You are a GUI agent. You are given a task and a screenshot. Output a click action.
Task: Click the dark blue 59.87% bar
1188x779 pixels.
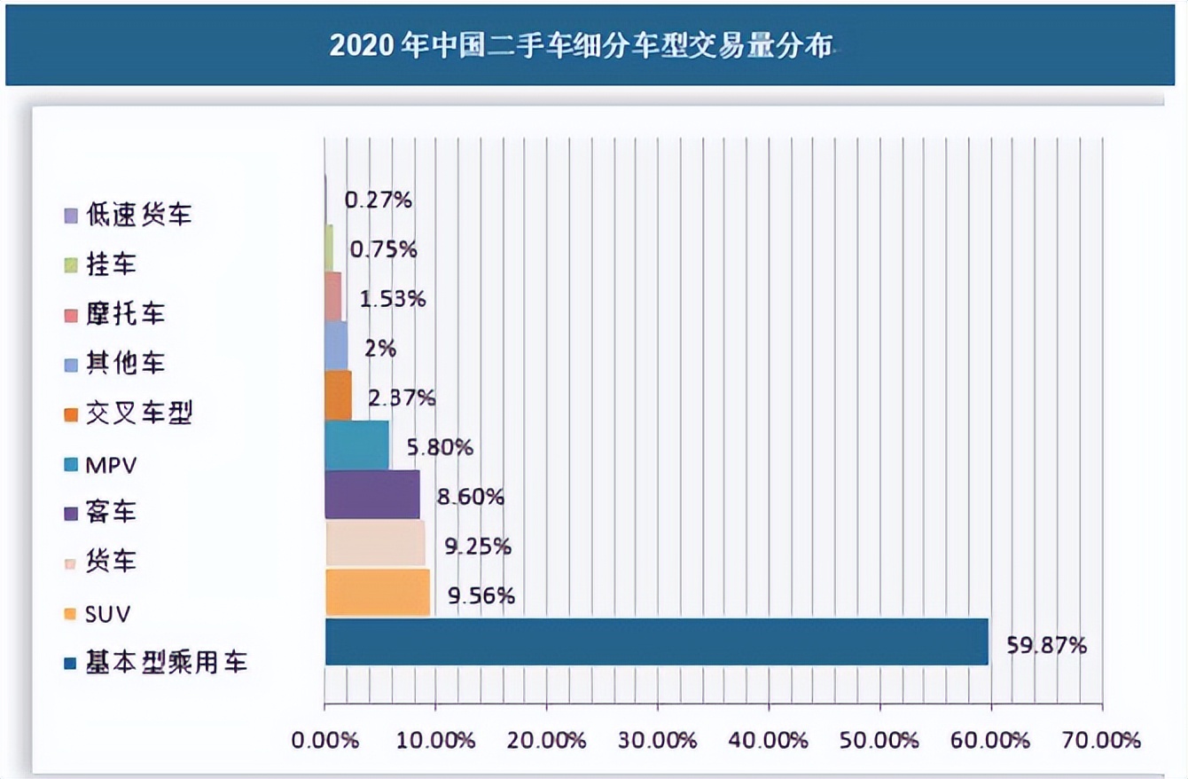point(656,641)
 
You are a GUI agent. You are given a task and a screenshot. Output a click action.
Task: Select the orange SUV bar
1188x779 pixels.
point(378,593)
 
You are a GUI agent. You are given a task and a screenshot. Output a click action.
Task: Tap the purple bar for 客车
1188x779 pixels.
point(372,494)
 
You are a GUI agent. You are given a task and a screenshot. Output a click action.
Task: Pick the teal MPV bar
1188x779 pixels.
point(357,445)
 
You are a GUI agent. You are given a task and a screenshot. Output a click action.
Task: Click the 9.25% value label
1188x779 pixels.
point(478,547)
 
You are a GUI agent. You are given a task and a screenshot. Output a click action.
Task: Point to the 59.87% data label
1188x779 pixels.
point(1046,646)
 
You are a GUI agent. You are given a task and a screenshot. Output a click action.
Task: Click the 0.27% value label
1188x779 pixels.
point(379,200)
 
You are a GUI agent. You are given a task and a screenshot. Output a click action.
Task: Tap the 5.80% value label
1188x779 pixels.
point(440,447)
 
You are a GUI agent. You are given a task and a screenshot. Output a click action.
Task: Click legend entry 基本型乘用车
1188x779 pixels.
point(166,663)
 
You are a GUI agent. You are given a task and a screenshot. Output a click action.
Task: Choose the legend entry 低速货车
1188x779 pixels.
point(138,215)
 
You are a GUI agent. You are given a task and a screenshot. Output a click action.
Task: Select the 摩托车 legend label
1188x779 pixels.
point(125,314)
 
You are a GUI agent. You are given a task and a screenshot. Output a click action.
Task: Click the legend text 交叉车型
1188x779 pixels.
point(138,413)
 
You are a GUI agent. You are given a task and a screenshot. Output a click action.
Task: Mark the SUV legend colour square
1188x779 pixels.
point(70,614)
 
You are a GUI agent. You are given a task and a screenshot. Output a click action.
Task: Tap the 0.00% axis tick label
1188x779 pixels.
point(326,739)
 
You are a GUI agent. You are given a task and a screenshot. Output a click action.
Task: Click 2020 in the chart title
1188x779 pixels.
point(362,46)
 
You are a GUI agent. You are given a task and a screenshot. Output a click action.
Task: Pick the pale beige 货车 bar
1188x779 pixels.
point(375,543)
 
